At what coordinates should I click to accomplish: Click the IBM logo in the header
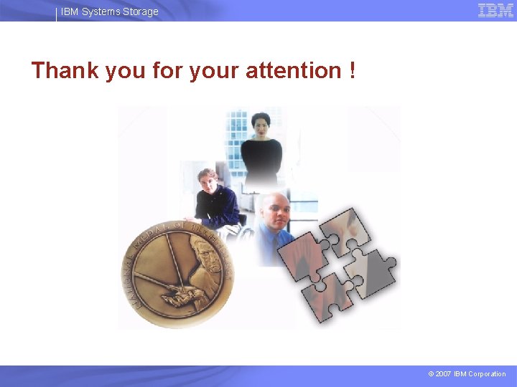pyautogui.click(x=495, y=10)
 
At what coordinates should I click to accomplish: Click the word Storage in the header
pyautogui.click(x=141, y=11)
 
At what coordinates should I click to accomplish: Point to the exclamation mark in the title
pyautogui.click(x=352, y=71)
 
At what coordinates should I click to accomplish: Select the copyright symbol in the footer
pyautogui.click(x=429, y=374)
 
